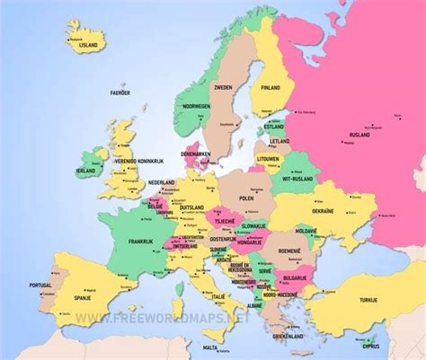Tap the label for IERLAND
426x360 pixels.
87,171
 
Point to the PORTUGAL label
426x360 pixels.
40,285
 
